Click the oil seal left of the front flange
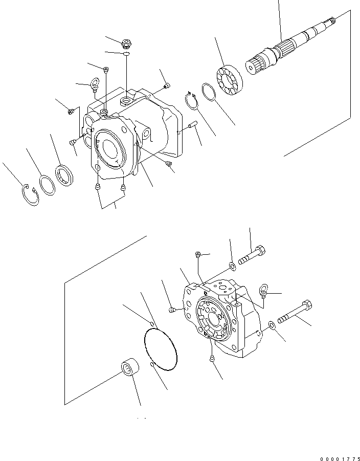(65, 174)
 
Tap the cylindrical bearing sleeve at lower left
(128, 368)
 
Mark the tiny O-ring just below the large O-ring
(152, 364)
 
